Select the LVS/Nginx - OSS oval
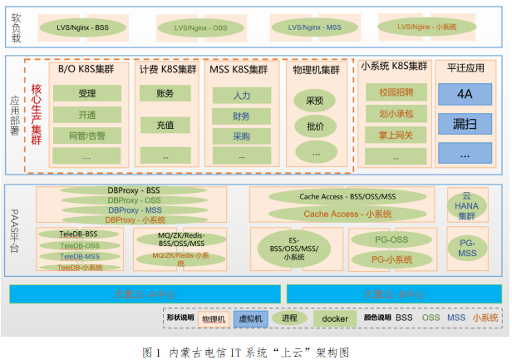pos(200,28)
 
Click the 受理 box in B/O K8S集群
pos(86,93)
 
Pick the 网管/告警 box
pos(86,134)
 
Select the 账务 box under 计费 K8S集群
pos(165,94)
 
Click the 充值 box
pos(165,125)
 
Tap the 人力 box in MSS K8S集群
pos(242,96)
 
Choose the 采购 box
pos(242,136)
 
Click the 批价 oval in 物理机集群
pos(315,126)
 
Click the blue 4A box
pos(465,95)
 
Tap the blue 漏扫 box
pos(465,124)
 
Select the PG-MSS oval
pos(467,247)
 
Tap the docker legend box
pos(334,318)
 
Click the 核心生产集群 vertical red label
pos(36,113)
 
